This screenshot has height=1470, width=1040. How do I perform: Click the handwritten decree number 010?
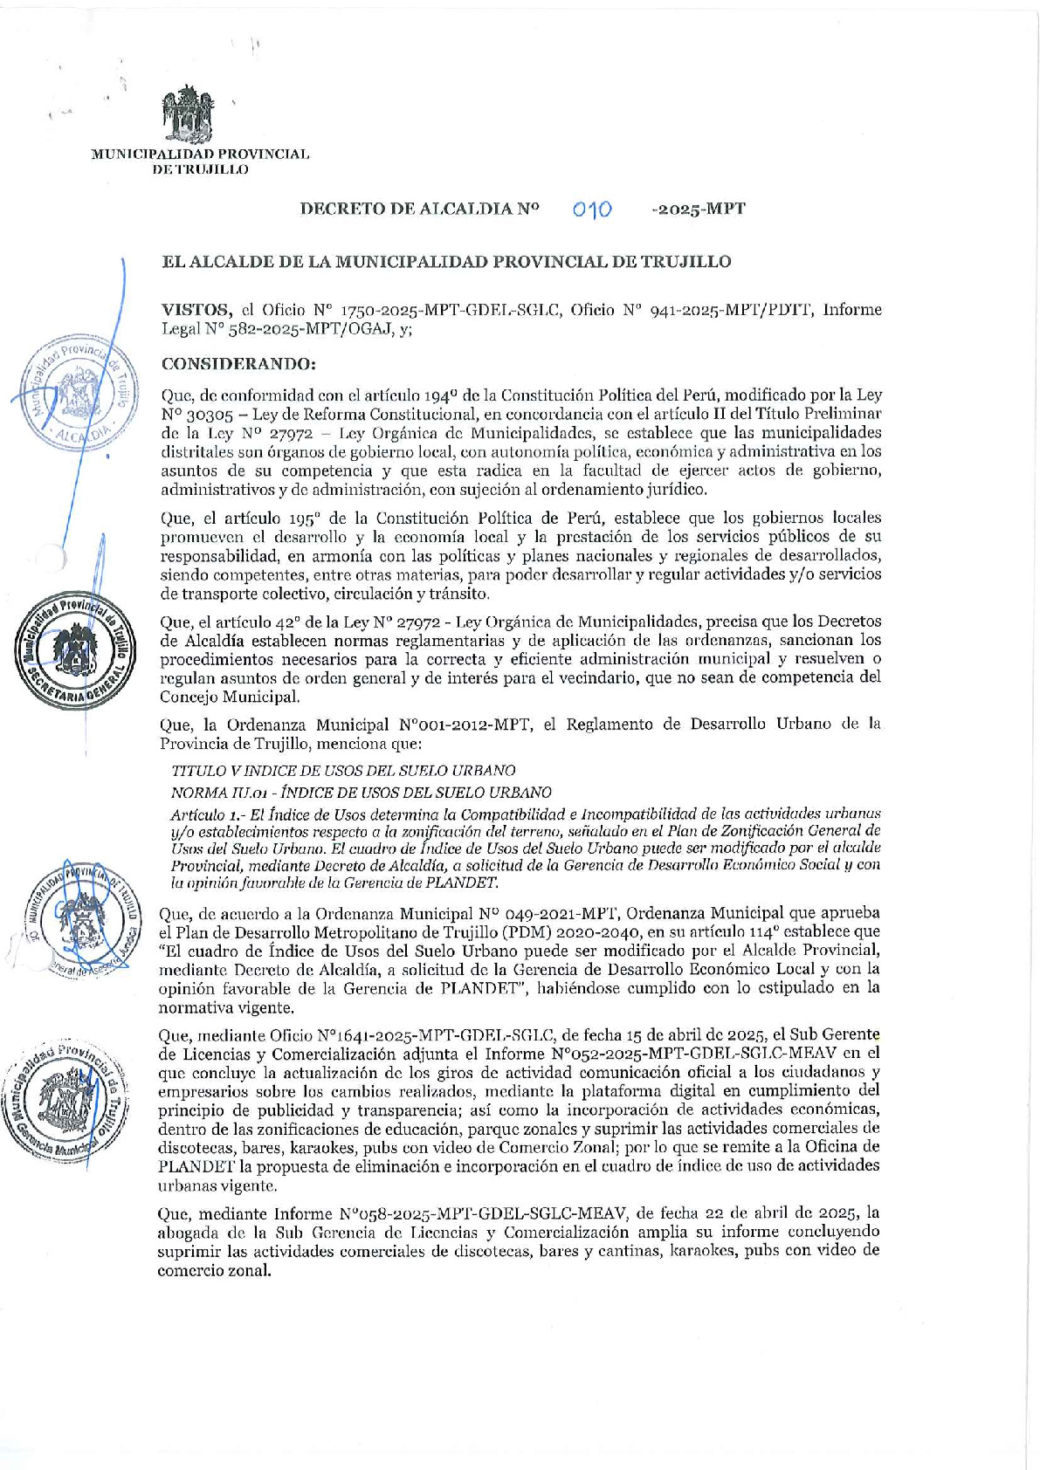click(592, 210)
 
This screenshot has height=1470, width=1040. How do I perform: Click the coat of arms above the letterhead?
click(188, 115)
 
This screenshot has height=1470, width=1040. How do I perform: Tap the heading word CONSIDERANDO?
click(238, 363)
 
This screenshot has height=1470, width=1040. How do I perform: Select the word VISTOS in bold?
click(196, 309)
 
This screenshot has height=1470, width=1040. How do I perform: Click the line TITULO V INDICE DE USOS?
click(342, 770)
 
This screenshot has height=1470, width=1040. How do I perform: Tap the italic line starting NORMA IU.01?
click(361, 792)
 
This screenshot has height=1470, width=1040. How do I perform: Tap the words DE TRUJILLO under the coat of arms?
click(200, 169)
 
